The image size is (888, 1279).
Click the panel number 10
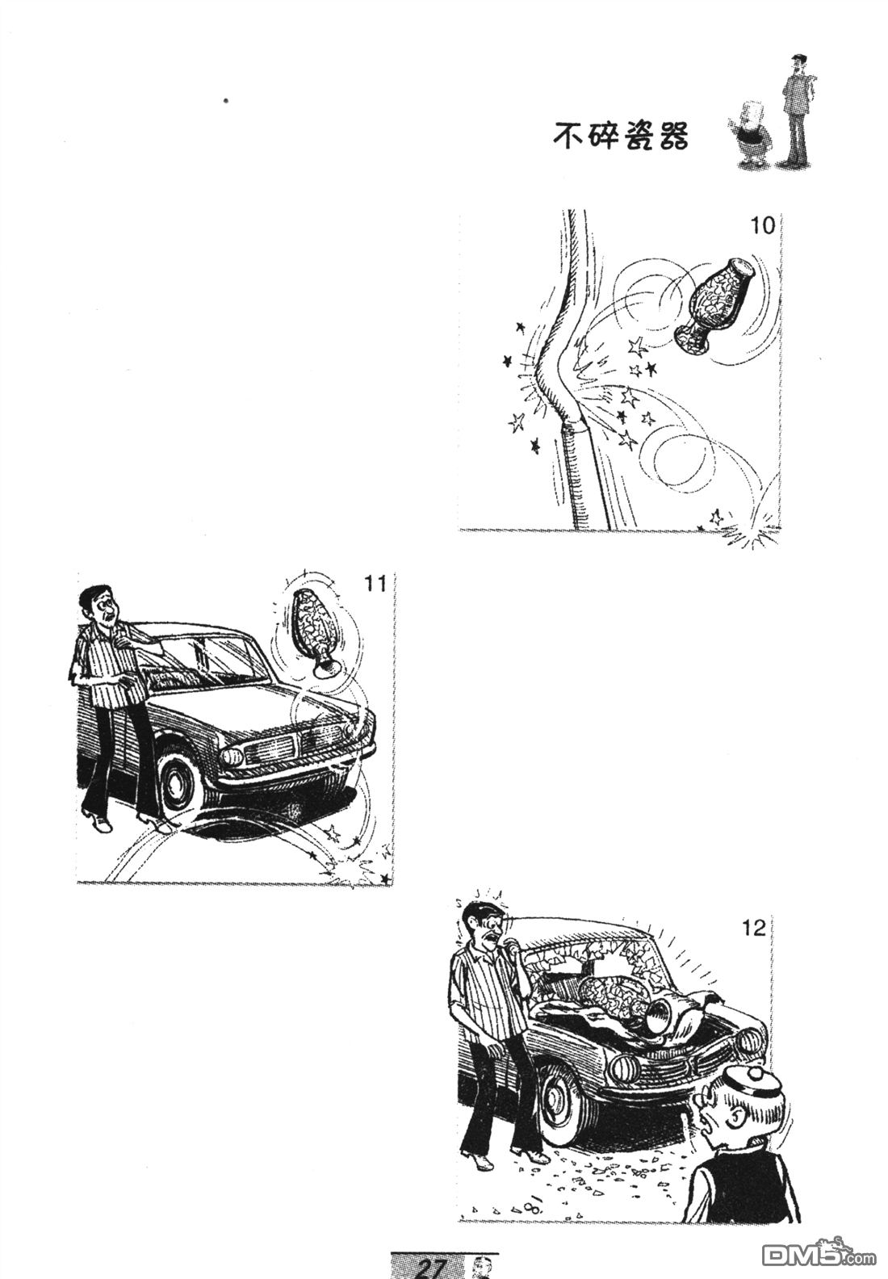click(x=763, y=226)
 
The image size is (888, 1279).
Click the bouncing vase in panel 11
click(x=312, y=632)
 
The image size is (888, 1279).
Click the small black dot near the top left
click(x=226, y=101)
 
